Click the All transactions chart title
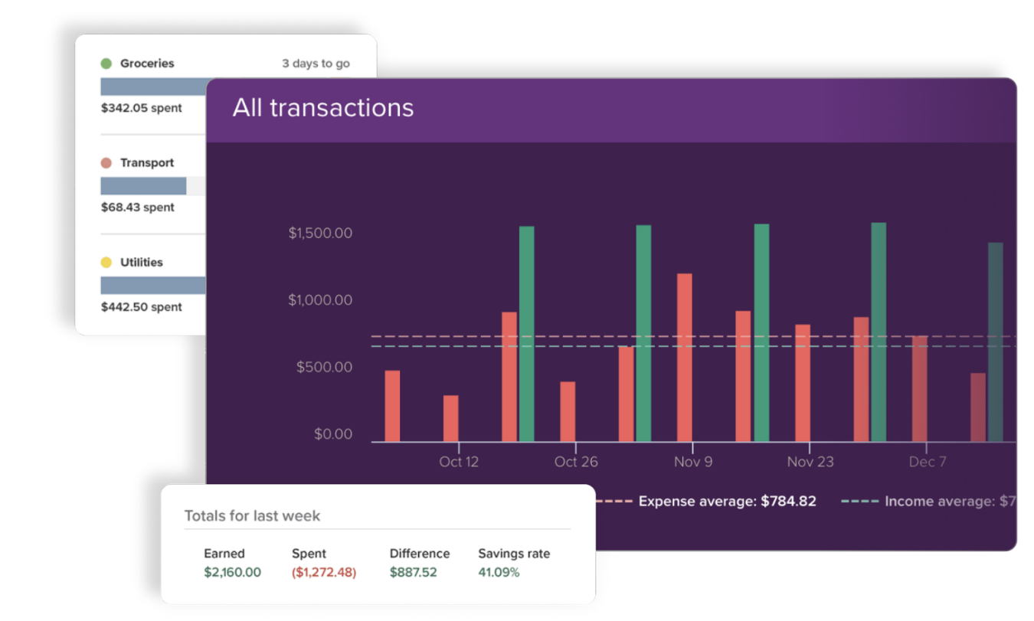pos(322,108)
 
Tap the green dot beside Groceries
pos(106,64)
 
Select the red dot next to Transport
pos(106,163)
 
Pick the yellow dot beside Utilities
pos(106,263)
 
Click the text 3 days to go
pos(316,64)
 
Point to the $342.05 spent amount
pos(142,108)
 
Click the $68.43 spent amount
pos(138,208)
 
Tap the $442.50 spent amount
pos(142,307)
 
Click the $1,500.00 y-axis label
pos(320,233)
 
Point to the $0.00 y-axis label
pos(333,435)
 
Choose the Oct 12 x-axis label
pos(459,462)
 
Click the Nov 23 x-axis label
pos(810,462)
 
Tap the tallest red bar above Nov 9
pos(685,358)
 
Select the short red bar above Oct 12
pos(451,418)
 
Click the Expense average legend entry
pos(726,502)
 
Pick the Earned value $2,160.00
pos(232,572)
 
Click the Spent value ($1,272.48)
pos(323,572)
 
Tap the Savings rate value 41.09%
pos(499,572)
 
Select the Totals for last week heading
pos(252,515)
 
